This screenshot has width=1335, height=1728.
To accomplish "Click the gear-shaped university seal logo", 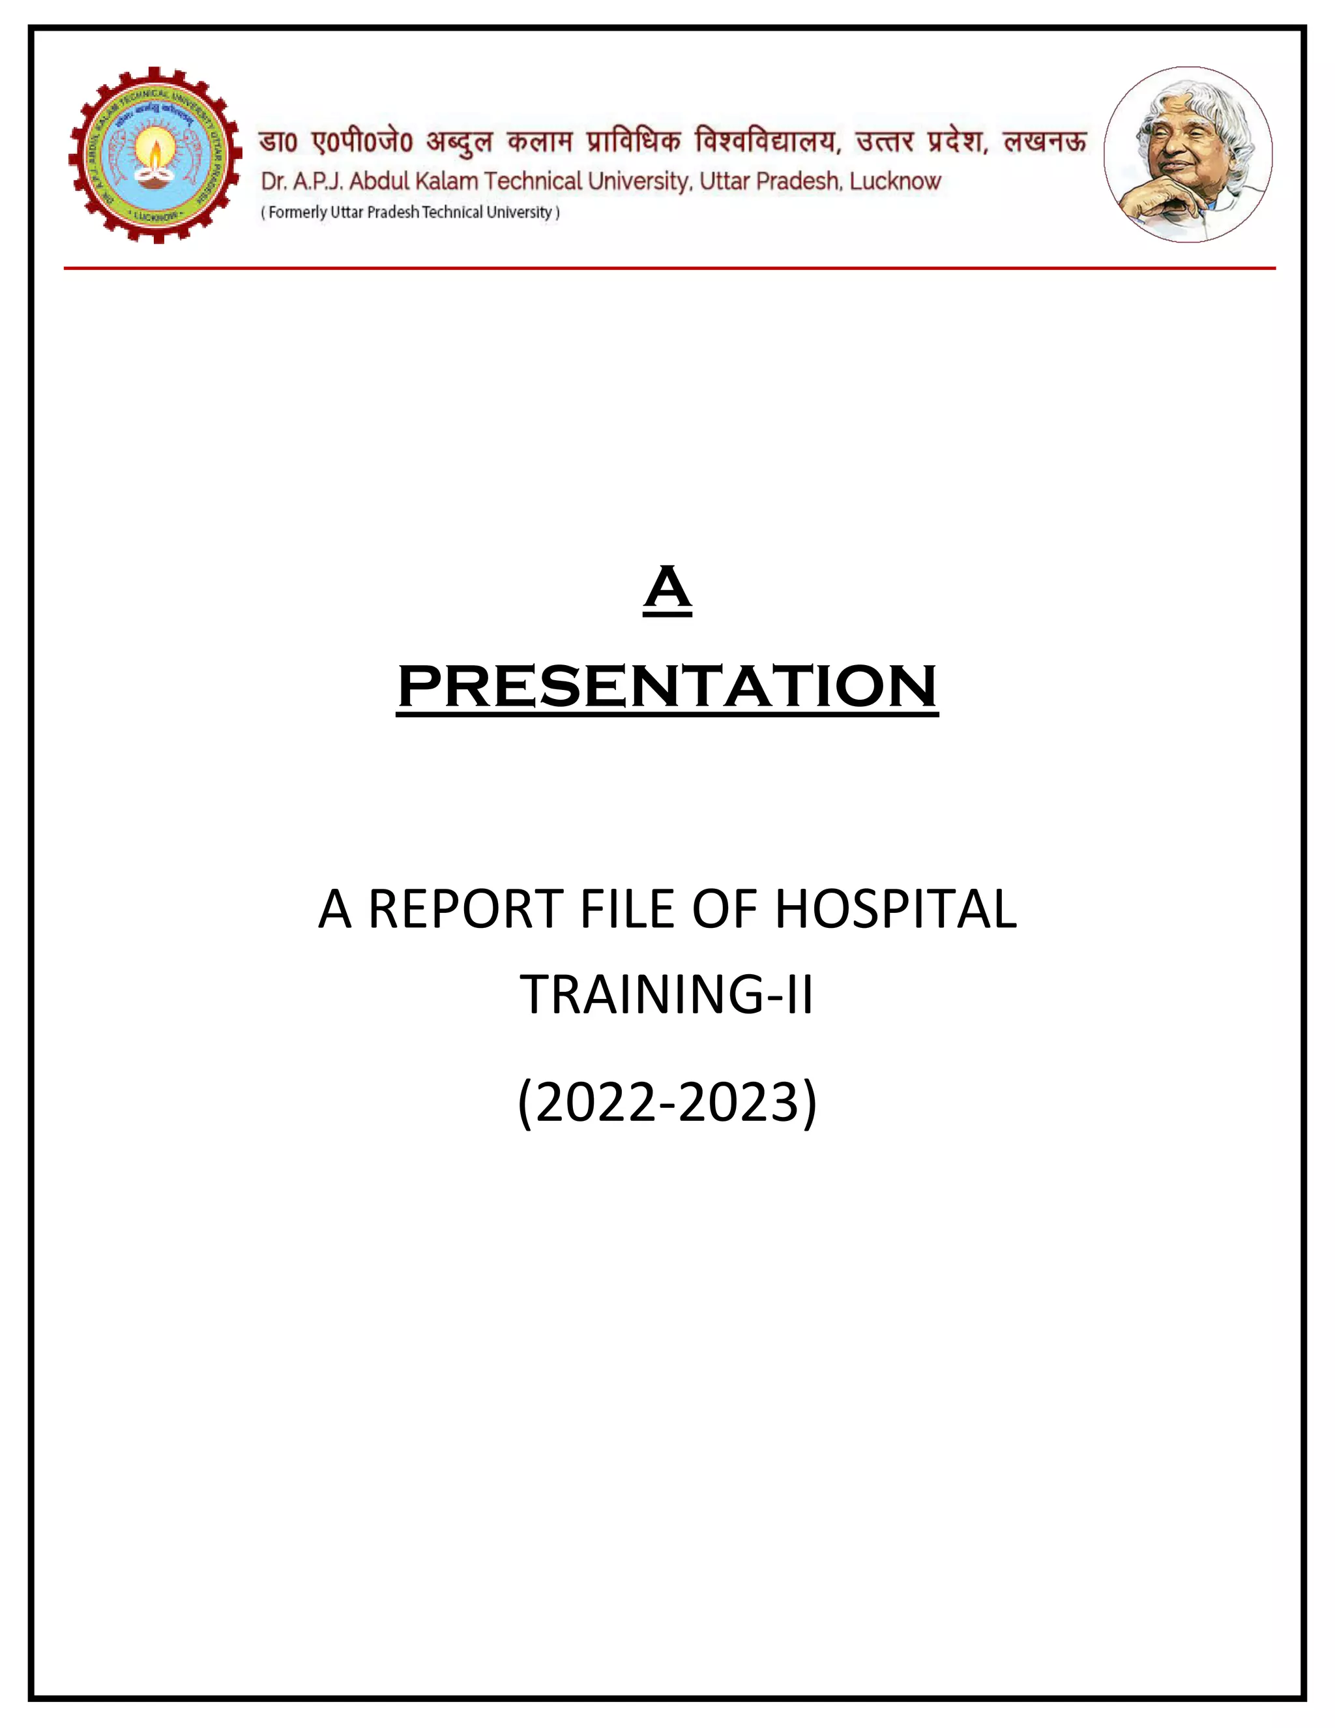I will pyautogui.click(x=155, y=155).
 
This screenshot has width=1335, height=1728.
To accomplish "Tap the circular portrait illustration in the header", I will pyautogui.click(x=1188, y=155).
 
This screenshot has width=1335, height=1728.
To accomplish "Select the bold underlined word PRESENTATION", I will pyautogui.click(x=667, y=686).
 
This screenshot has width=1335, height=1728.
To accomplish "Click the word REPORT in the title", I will pyautogui.click(x=465, y=909).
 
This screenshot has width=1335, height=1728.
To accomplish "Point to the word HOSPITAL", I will pyautogui.click(x=895, y=909).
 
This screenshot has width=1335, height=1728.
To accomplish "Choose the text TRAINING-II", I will pyautogui.click(x=666, y=994).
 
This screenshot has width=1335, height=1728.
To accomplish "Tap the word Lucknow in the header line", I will pyautogui.click(x=895, y=181).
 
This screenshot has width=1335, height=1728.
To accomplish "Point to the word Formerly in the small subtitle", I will pyautogui.click(x=297, y=212).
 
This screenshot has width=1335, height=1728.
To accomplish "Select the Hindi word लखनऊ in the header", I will pyautogui.click(x=1045, y=142).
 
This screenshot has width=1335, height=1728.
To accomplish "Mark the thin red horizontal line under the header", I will pyautogui.click(x=669, y=268).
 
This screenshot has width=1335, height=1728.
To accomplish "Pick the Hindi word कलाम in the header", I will pyautogui.click(x=539, y=142).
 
